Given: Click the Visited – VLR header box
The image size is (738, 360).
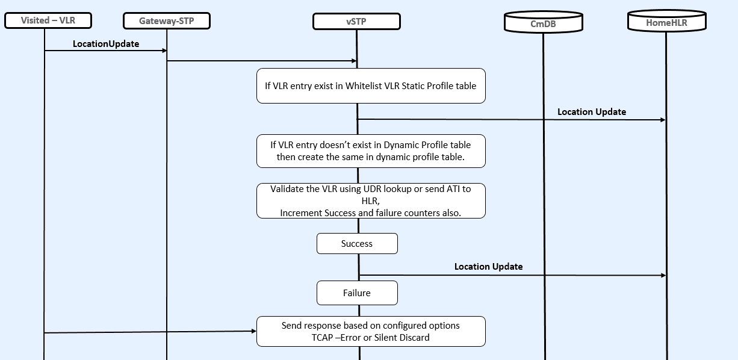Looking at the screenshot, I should (x=48, y=20).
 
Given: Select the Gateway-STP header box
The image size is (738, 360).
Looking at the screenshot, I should (x=167, y=21).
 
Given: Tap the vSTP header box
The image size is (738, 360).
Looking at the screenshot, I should (x=356, y=22).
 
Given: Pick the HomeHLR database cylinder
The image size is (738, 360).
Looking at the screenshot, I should (x=666, y=22).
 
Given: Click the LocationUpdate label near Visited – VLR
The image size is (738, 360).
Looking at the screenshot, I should (x=106, y=44).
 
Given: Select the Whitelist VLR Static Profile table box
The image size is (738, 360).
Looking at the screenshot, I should (x=371, y=85).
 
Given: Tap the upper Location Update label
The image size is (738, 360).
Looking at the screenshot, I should (x=591, y=112).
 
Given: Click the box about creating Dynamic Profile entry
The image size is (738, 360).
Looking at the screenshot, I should (x=371, y=151).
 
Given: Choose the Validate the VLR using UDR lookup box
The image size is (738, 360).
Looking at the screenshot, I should (x=371, y=200).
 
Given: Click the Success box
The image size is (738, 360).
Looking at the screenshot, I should (x=358, y=244).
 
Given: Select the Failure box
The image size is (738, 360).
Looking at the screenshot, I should (x=358, y=293).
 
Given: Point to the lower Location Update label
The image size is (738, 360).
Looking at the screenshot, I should (x=488, y=267).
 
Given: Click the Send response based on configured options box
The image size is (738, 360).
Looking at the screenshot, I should (x=371, y=331).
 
